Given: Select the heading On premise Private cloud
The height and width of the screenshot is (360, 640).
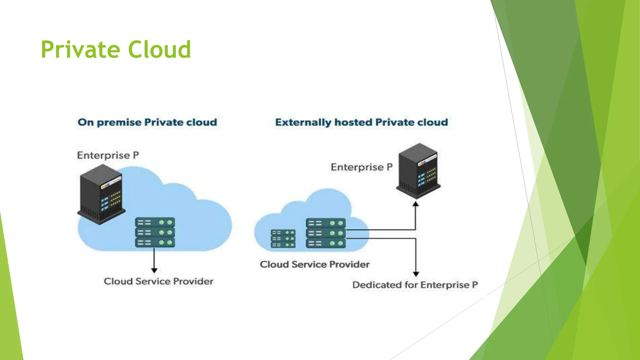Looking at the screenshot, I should point(147,122).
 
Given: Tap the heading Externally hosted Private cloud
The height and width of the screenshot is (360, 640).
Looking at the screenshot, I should point(362,122).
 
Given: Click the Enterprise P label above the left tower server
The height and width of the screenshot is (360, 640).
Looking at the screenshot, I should point(108,155).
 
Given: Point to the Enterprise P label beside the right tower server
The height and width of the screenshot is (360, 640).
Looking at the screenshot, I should point(362,167).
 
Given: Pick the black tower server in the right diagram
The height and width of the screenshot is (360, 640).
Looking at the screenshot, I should point(418,171).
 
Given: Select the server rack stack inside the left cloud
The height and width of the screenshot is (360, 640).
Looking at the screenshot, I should point(155,232).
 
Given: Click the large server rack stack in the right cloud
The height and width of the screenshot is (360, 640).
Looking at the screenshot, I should point(326,233).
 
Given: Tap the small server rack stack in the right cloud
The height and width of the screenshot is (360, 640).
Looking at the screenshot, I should point(283,239).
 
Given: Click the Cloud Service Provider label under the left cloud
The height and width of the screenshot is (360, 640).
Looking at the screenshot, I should point(158,281).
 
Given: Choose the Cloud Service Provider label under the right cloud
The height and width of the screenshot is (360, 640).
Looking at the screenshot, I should point(315,264).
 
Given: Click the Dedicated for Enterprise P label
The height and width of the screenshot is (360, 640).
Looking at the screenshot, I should point(415,285).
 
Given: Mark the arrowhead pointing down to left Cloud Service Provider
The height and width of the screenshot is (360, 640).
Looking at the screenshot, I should point(154,270).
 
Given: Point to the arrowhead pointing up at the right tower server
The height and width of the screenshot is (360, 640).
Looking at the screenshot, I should point(416,204).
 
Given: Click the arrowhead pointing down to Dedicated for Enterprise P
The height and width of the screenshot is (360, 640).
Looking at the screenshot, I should point(416,274).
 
